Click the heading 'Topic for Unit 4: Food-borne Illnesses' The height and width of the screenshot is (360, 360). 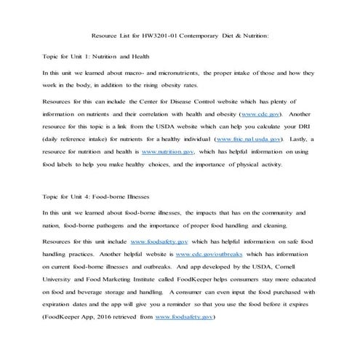97,196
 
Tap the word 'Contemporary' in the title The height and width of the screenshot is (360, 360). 204,33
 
